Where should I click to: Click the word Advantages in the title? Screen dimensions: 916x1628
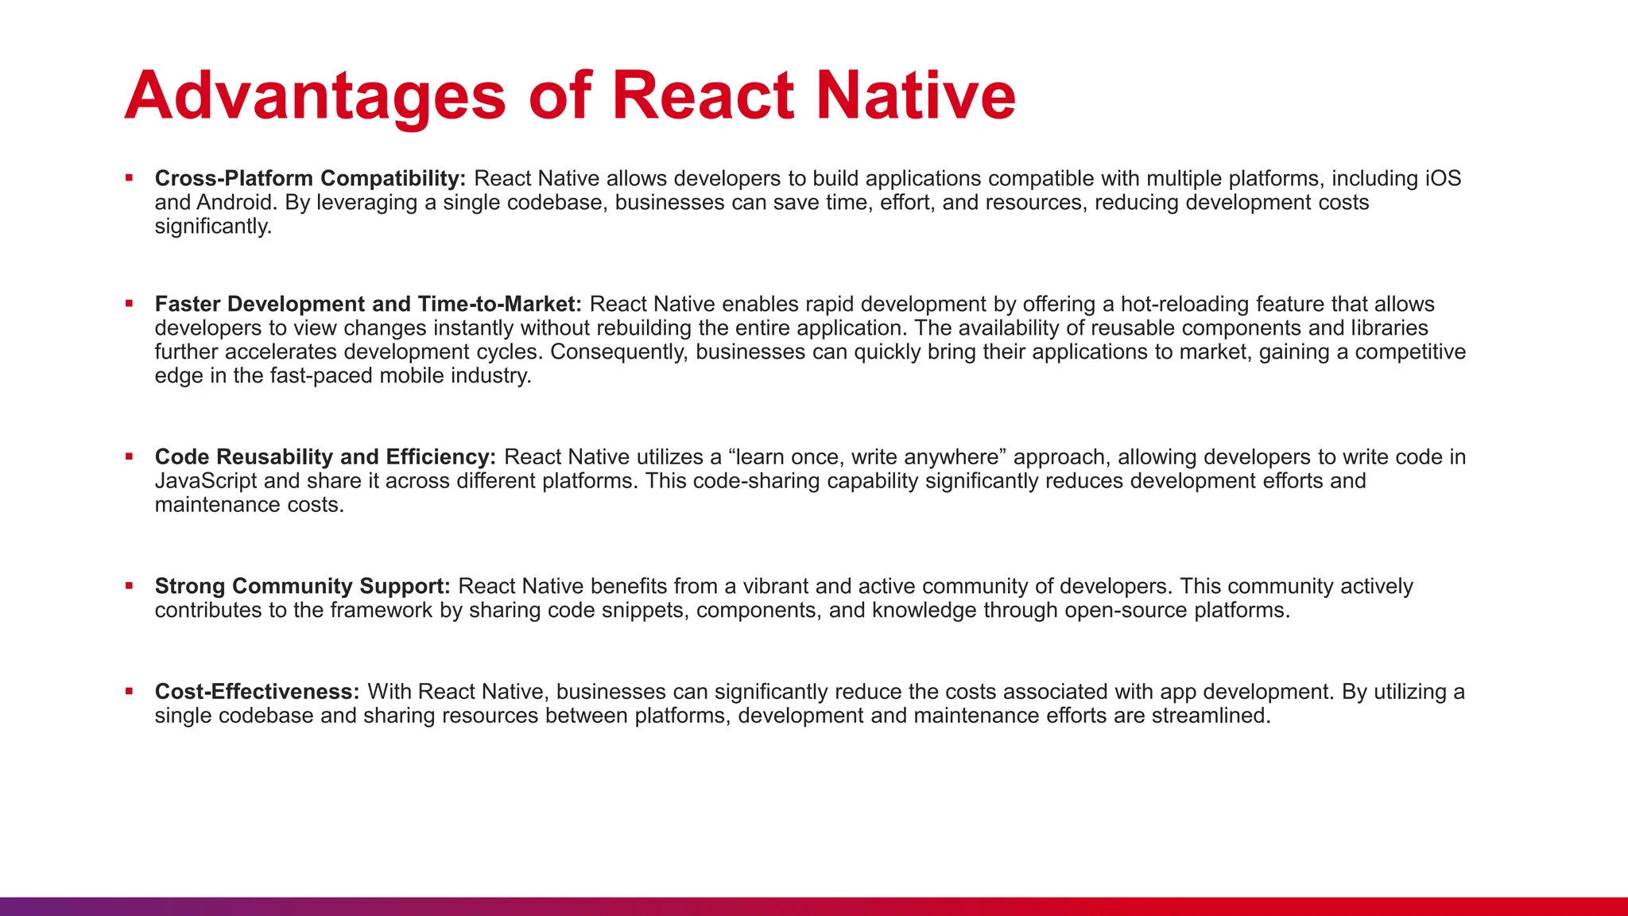pos(315,96)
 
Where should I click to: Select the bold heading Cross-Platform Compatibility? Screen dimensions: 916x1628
pos(310,178)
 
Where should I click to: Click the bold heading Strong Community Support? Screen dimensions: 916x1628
pos(302,586)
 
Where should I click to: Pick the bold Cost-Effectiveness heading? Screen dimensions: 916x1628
pos(257,692)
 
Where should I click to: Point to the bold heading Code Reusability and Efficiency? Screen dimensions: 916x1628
pos(325,457)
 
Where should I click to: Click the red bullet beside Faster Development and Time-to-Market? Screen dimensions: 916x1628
pos(129,304)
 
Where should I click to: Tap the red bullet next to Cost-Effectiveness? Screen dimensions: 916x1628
pos(129,692)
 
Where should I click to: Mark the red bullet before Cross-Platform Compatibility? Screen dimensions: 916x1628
pos(129,178)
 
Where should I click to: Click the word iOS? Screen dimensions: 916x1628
pos(1442,178)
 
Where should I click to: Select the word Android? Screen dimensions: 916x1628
pos(235,202)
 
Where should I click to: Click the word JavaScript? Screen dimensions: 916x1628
pos(206,481)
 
